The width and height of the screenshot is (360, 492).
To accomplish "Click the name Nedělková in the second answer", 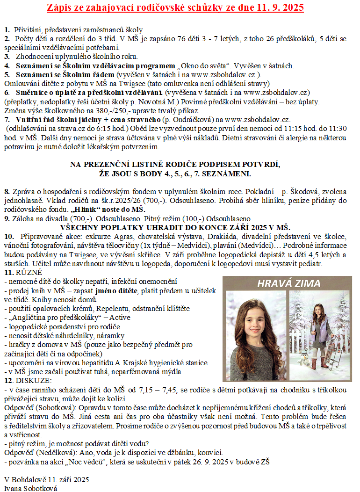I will [x=54, y=452].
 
